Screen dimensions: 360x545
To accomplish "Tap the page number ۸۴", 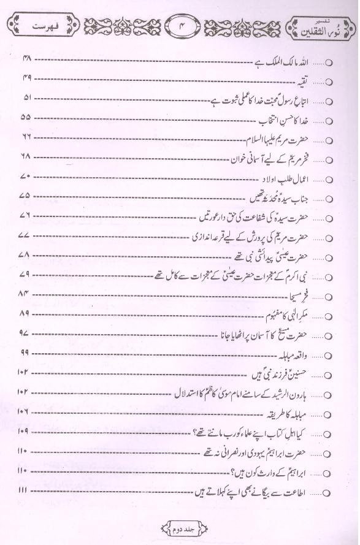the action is click(x=26, y=295).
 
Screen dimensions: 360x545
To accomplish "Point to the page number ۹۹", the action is click(x=26, y=354).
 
